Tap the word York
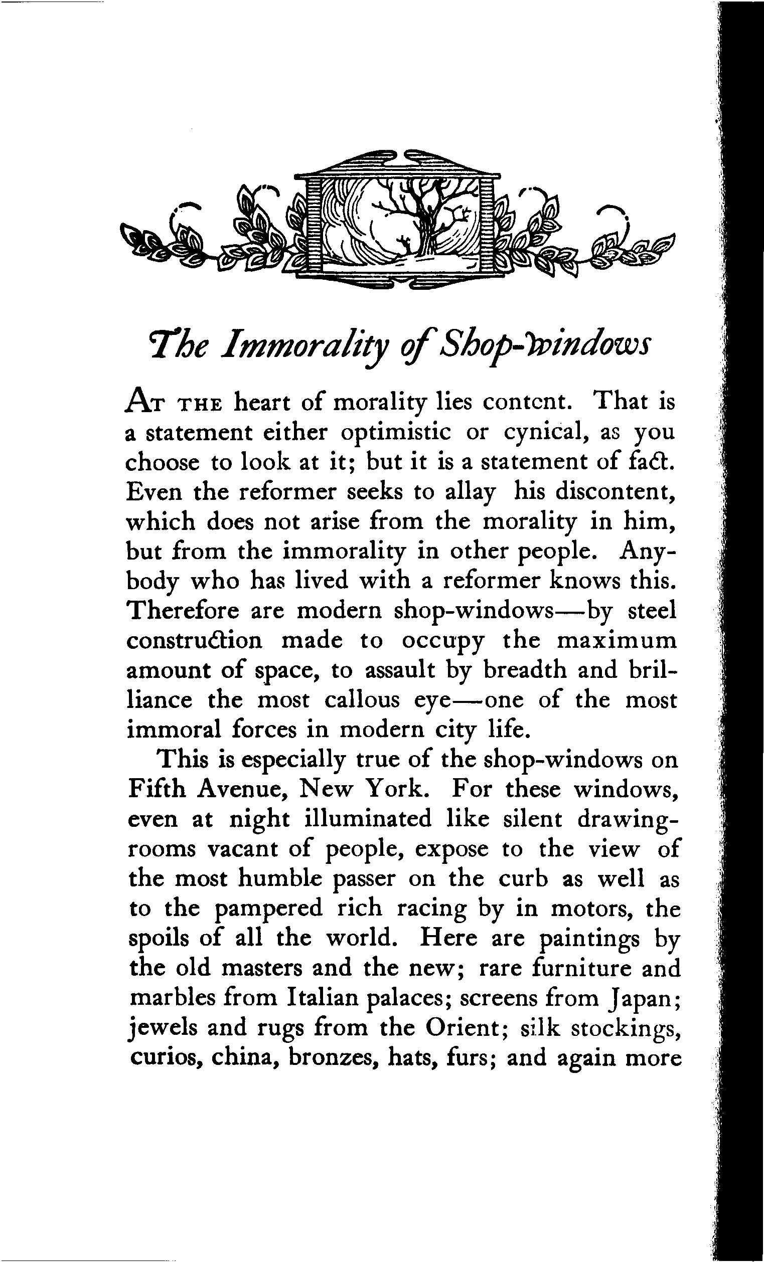(x=392, y=789)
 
